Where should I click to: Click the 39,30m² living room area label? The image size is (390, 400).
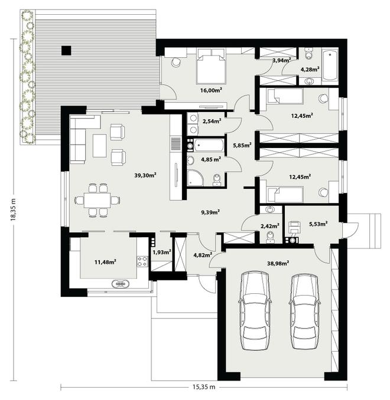click(x=145, y=175)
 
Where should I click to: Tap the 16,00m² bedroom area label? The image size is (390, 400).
click(x=211, y=90)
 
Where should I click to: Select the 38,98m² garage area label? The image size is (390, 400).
click(x=278, y=263)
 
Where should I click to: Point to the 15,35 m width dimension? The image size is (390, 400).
click(x=204, y=387)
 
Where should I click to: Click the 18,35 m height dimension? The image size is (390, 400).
click(x=13, y=209)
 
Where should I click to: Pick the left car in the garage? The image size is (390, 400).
click(x=255, y=310)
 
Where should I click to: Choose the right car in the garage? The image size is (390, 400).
click(x=305, y=312)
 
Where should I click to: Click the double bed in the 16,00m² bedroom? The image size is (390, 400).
click(x=211, y=66)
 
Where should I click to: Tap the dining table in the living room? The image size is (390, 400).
click(x=97, y=200)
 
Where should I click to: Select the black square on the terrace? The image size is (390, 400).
click(x=66, y=51)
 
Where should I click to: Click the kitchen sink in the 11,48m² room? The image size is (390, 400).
click(x=121, y=284)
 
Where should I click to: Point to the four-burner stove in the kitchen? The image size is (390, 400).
click(x=142, y=261)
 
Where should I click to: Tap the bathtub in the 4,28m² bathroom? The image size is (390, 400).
click(x=330, y=65)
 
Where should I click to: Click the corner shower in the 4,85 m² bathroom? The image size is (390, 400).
click(x=195, y=178)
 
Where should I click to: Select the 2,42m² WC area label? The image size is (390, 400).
click(x=270, y=226)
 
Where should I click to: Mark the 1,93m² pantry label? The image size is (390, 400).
click(x=162, y=253)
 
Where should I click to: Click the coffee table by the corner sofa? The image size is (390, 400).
click(x=99, y=146)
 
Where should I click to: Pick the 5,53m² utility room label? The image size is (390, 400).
click(x=318, y=224)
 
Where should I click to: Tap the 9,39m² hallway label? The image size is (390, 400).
click(x=210, y=212)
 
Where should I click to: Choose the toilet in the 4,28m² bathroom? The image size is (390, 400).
click(x=309, y=54)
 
